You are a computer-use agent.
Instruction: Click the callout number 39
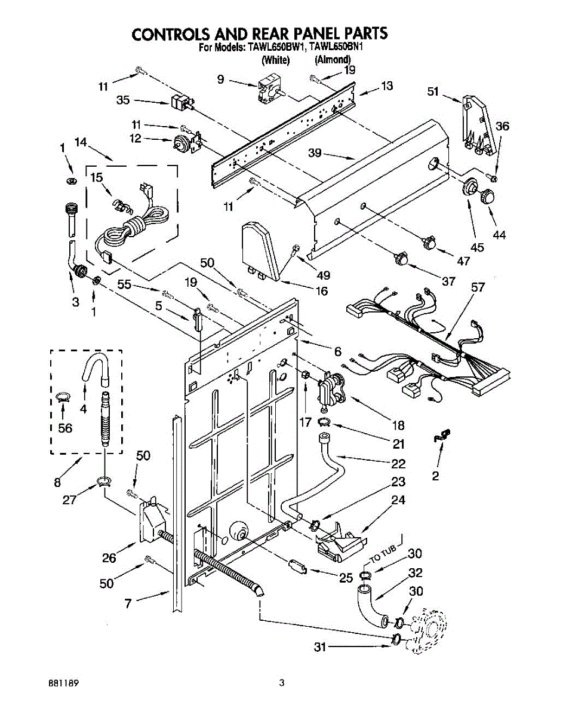click(315, 153)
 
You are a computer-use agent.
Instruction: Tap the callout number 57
click(478, 287)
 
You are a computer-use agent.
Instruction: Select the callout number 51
click(433, 91)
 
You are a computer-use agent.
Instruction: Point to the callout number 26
click(109, 558)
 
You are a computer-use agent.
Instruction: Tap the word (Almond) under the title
click(333, 60)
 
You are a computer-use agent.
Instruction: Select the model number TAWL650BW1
click(275, 47)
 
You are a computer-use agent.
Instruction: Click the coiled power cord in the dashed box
click(133, 226)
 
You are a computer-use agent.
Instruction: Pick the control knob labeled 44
click(487, 195)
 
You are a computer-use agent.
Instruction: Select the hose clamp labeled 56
click(63, 397)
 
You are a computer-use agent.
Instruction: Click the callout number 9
click(221, 79)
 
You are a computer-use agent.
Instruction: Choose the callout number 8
click(57, 482)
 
